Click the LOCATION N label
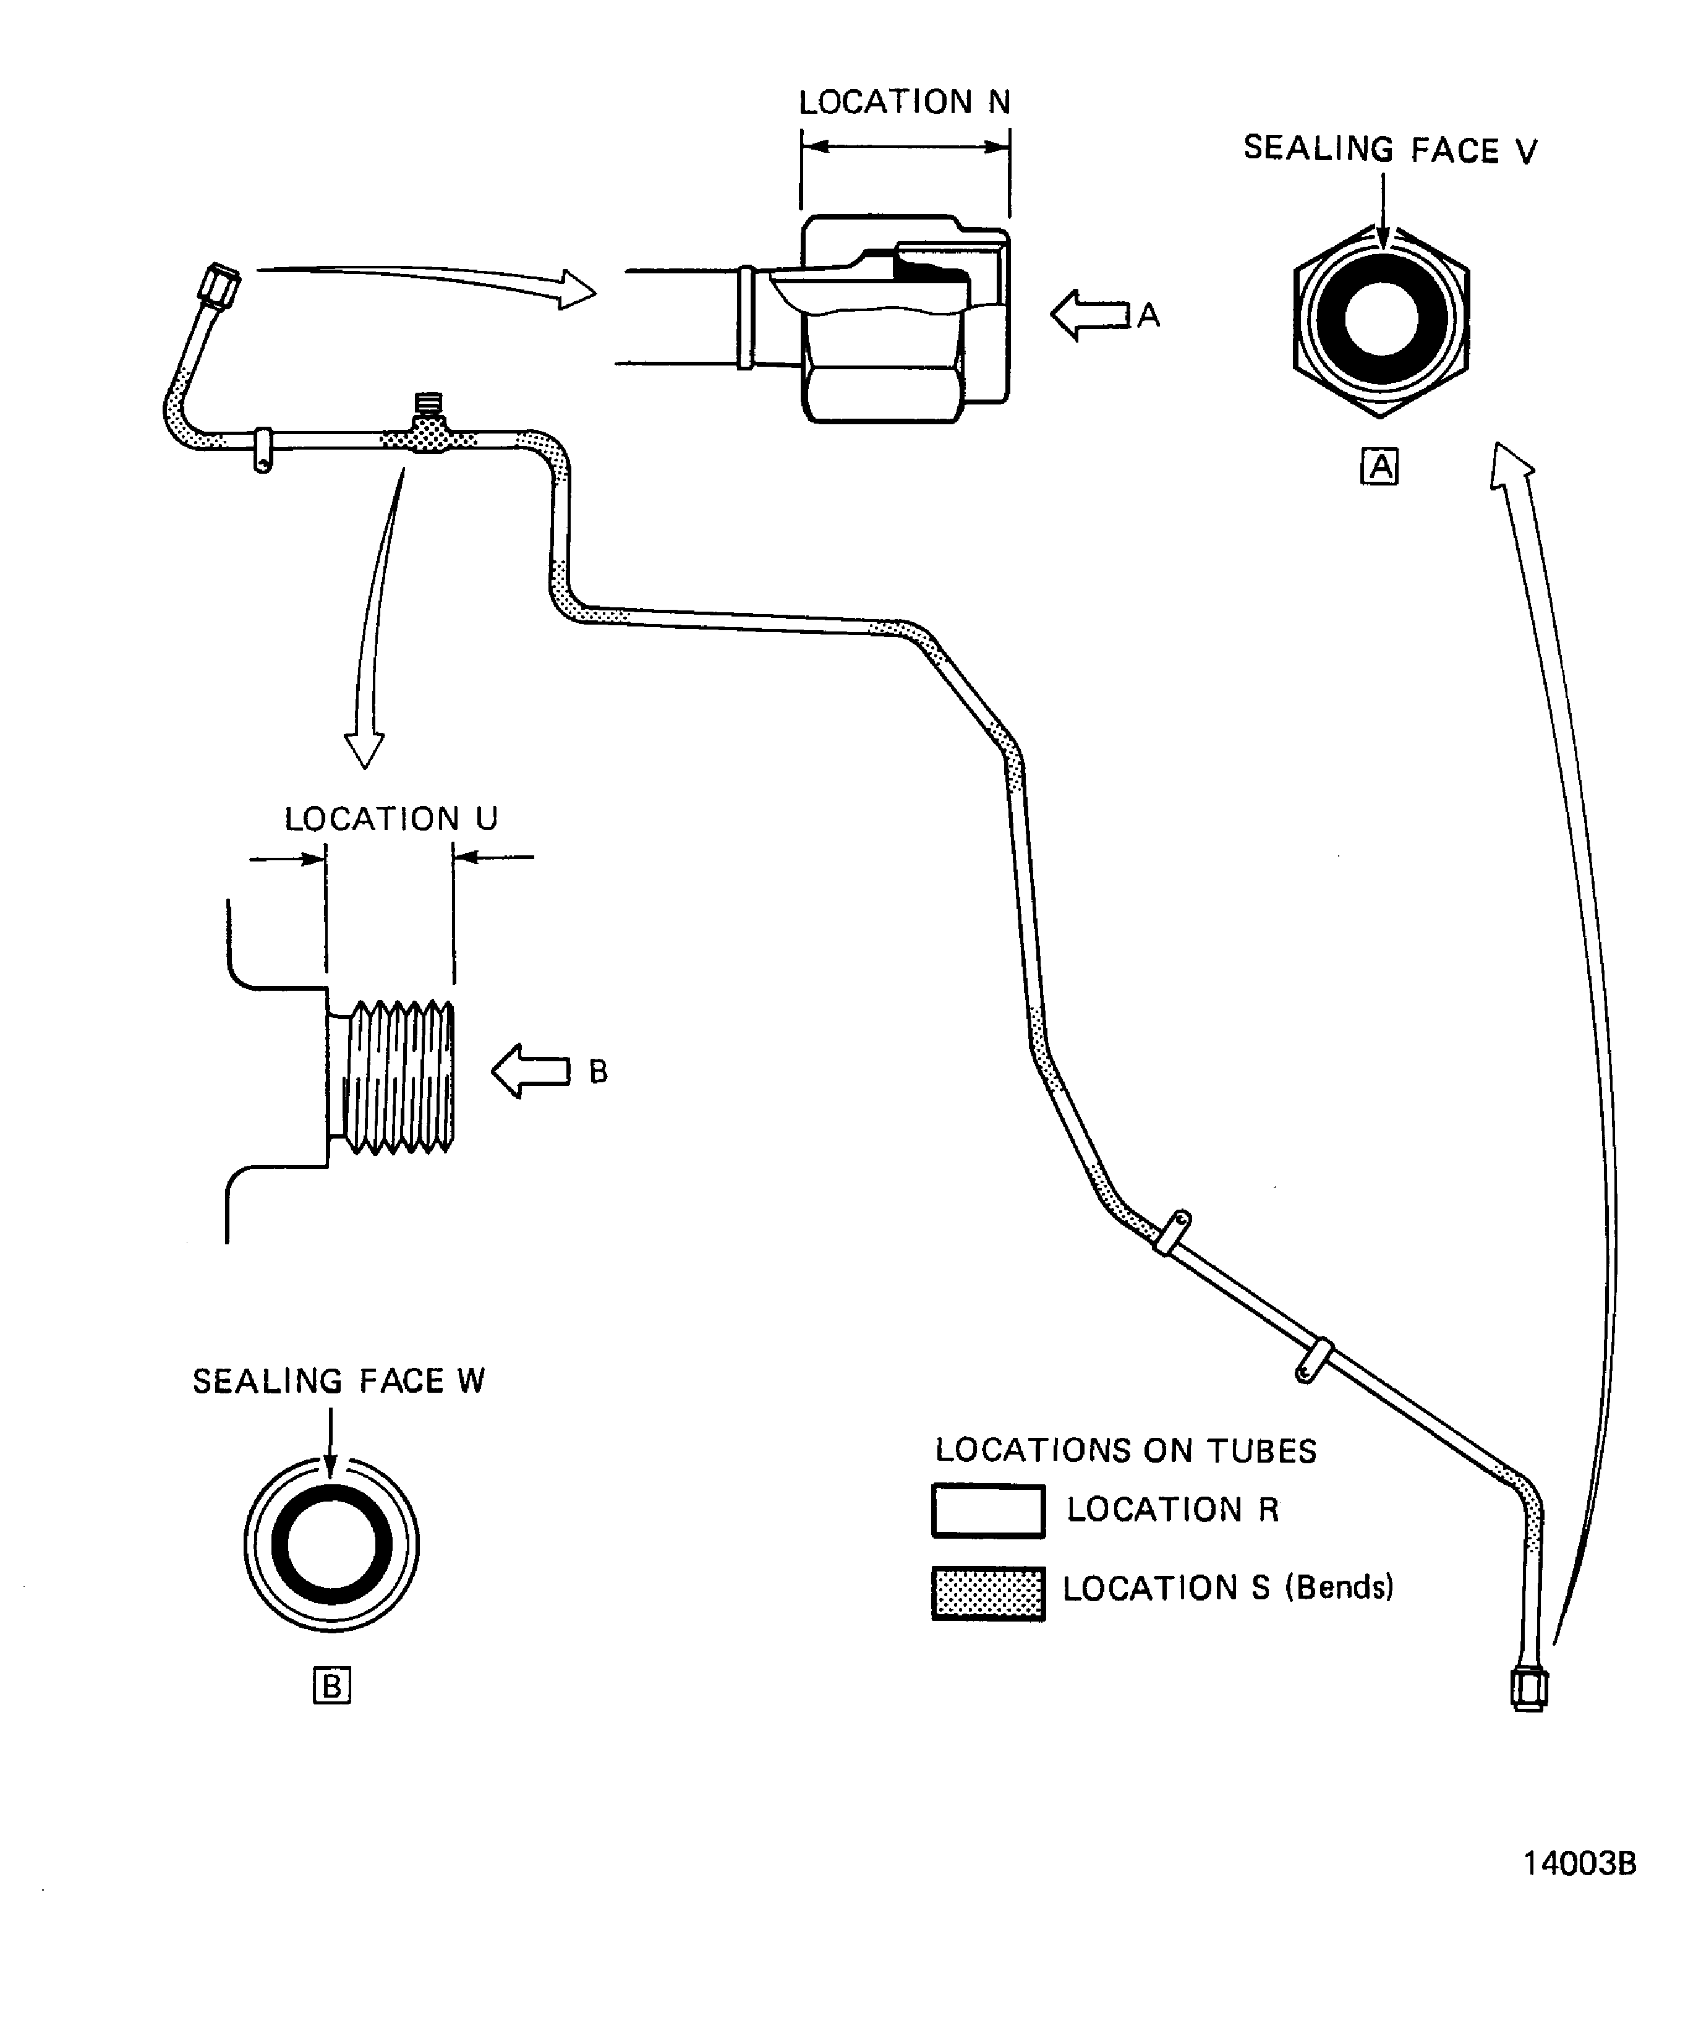904,102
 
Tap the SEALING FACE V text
1389,150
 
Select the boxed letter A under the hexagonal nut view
1379,467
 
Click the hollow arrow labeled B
531,1071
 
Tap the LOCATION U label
391,819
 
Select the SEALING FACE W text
338,1381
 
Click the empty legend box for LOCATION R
987,1511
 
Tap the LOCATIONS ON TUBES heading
1125,1450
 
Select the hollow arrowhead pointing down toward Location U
364,748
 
